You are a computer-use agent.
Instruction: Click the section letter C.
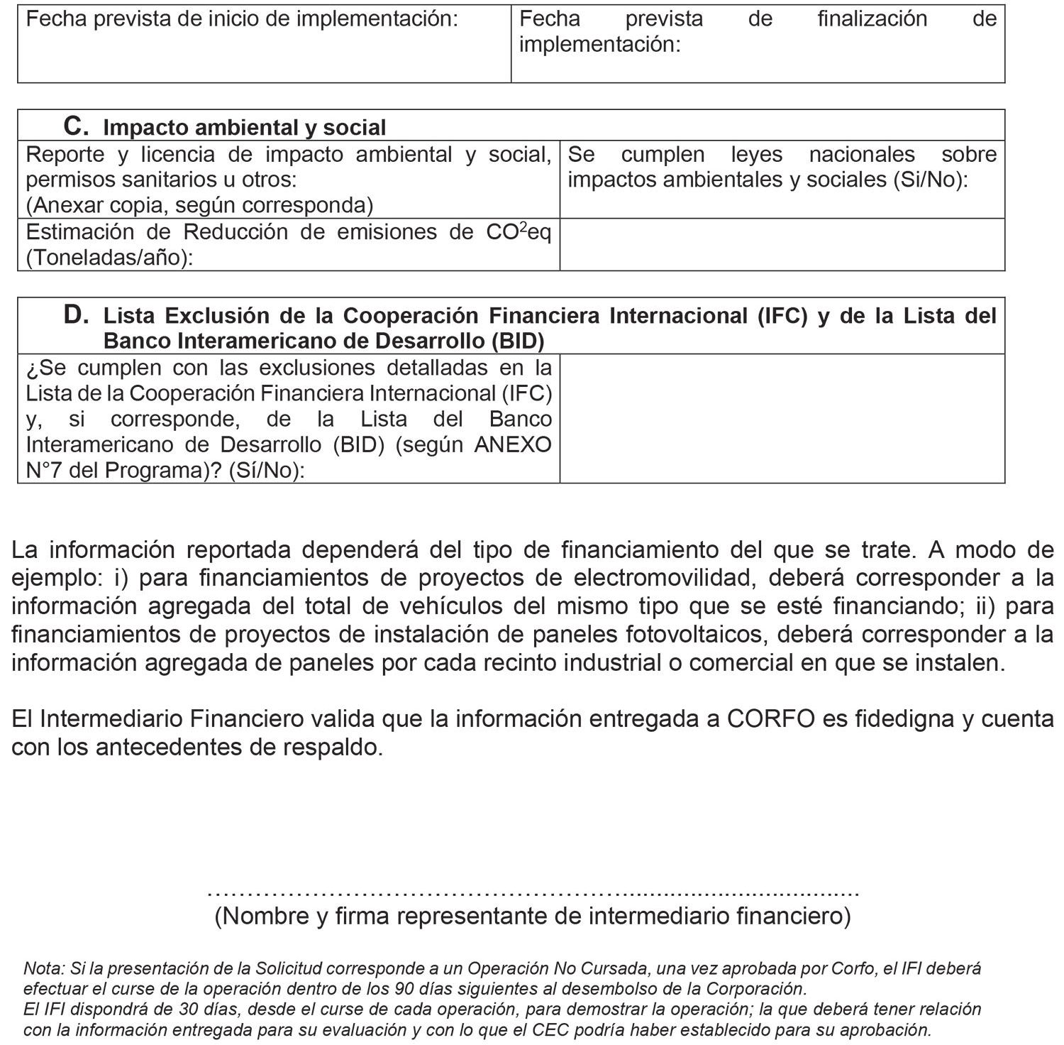tap(75, 126)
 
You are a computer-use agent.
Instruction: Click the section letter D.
tap(75, 314)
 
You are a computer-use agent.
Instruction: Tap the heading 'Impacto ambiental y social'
tap(245, 128)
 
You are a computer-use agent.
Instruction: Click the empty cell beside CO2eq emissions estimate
tap(782, 244)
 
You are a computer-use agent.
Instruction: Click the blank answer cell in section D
tap(782, 418)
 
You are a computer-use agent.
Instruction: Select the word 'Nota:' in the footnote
tap(44, 968)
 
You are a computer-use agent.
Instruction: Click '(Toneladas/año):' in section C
tap(110, 258)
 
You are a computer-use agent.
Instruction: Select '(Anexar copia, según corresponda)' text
tap(199, 205)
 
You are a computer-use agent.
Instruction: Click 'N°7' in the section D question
tap(45, 470)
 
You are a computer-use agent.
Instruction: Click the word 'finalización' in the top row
tap(872, 18)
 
